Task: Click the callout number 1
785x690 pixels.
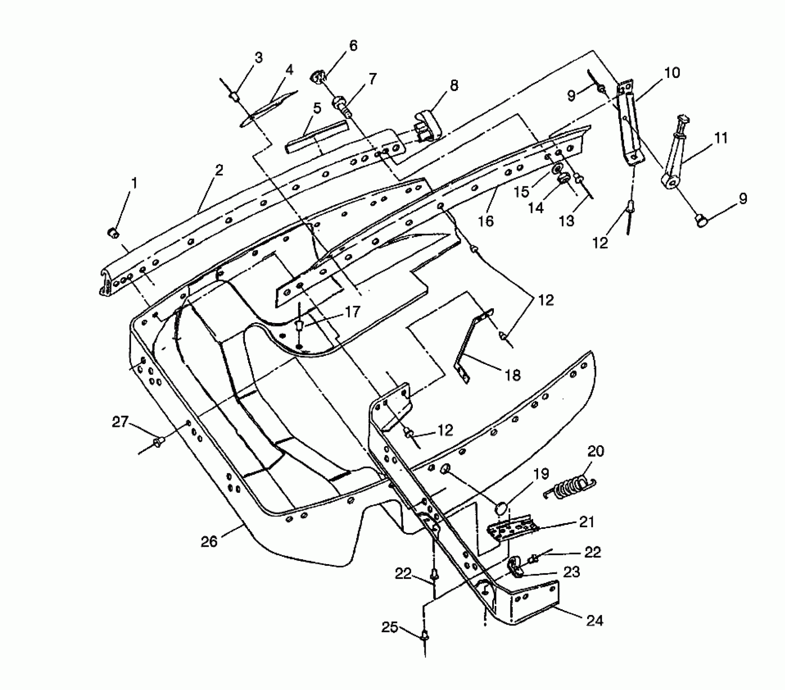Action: coord(133,183)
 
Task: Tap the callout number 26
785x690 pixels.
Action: coord(209,541)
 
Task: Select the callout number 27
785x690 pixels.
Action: coord(120,422)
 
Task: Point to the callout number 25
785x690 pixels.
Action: coord(390,627)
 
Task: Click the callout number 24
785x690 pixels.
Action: coord(594,620)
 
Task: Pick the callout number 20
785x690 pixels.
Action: coord(596,451)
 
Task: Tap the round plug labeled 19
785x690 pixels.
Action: coord(501,508)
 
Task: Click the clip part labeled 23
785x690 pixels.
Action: coord(515,568)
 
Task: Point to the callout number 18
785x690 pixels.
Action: coord(513,375)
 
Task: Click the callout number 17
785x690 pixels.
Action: coord(352,312)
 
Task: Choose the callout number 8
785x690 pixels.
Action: coord(454,85)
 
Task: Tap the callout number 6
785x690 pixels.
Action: coord(353,46)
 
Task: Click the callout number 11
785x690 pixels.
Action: coord(720,138)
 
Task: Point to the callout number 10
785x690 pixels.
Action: coord(671,73)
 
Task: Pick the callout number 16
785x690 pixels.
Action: coord(486,221)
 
